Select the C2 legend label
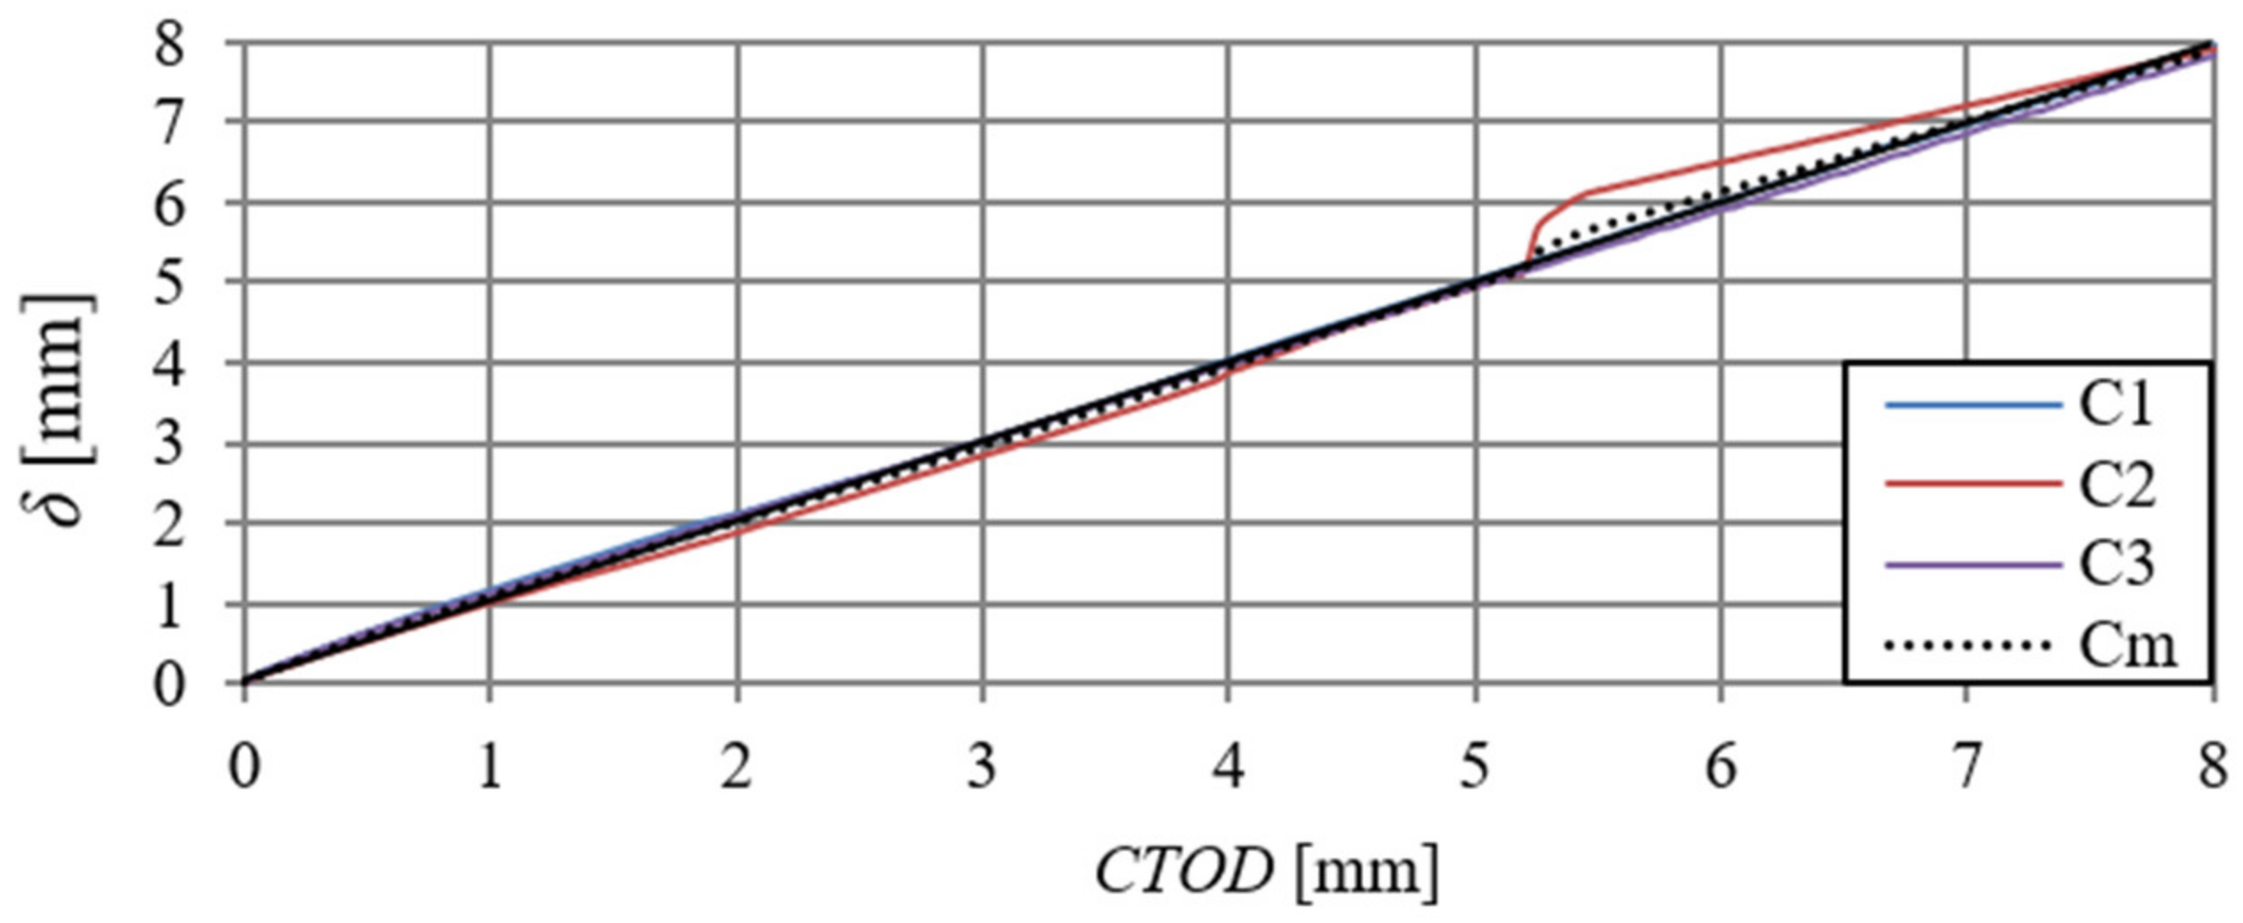(2116, 486)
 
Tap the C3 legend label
(2116, 565)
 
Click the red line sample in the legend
(1972, 484)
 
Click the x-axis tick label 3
(981, 766)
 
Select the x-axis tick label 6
(1721, 766)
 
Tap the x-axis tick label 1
(489, 766)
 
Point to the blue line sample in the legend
(1972, 405)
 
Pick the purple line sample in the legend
(1972, 565)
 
